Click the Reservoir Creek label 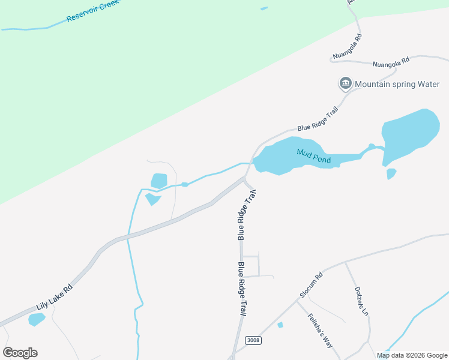pos(94,10)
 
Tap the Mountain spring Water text pos(397,84)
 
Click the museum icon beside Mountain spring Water pos(346,83)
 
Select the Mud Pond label pos(314,156)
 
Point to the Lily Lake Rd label pos(54,296)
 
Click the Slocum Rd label pos(312,286)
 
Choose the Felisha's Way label pos(320,331)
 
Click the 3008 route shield pos(254,340)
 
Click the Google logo pos(20,353)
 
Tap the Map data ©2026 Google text pos(412,355)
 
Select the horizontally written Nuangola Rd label pos(390,61)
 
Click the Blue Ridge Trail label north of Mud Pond pos(318,119)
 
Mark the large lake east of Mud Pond pos(409,135)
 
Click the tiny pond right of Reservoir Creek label pos(264,8)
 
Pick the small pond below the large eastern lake pos(391,174)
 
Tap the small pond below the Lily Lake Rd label pos(36,319)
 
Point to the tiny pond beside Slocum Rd pos(280,325)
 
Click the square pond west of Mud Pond pos(159,180)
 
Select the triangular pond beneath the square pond pos(152,199)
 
